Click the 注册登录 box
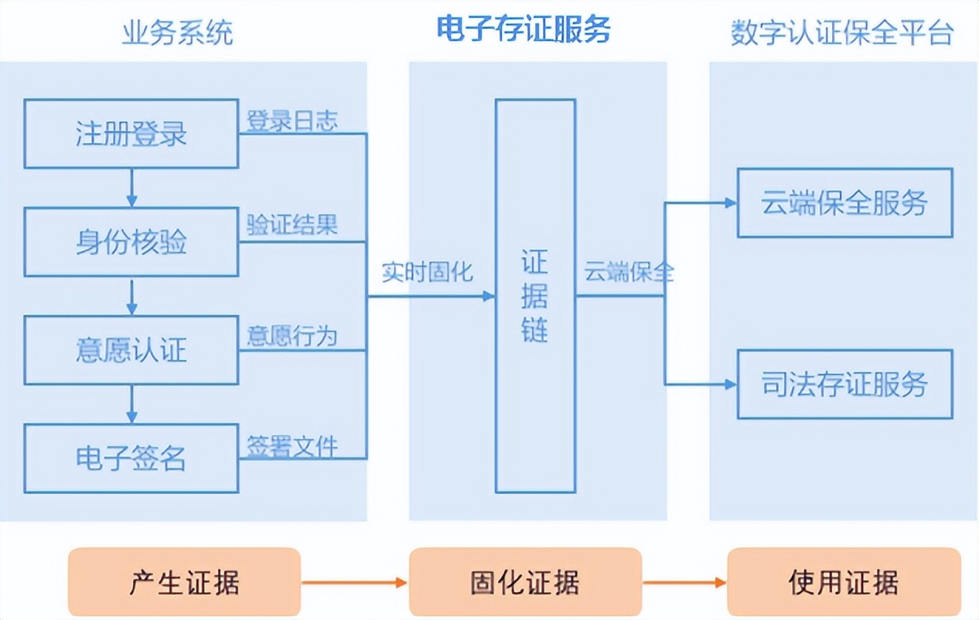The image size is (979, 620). [x=131, y=134]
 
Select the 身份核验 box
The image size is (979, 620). [x=131, y=242]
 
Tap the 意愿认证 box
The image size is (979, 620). [x=131, y=350]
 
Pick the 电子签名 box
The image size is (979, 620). [x=131, y=458]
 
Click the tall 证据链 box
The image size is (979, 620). [x=535, y=296]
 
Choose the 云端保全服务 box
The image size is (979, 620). [x=844, y=203]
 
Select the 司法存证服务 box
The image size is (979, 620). [x=844, y=384]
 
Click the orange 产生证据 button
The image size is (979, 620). [x=184, y=582]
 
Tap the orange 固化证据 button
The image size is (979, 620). [x=525, y=582]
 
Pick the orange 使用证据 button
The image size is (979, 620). [x=844, y=582]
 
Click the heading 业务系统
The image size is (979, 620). [x=177, y=33]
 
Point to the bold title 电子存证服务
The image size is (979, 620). [x=524, y=29]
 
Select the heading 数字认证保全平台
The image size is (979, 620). [x=842, y=33]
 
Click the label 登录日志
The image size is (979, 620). [x=292, y=121]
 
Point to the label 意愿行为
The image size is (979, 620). [x=292, y=336]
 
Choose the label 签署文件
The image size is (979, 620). [x=292, y=446]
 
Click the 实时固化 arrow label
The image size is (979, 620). [x=427, y=273]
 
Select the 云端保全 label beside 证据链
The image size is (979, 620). [x=629, y=273]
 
